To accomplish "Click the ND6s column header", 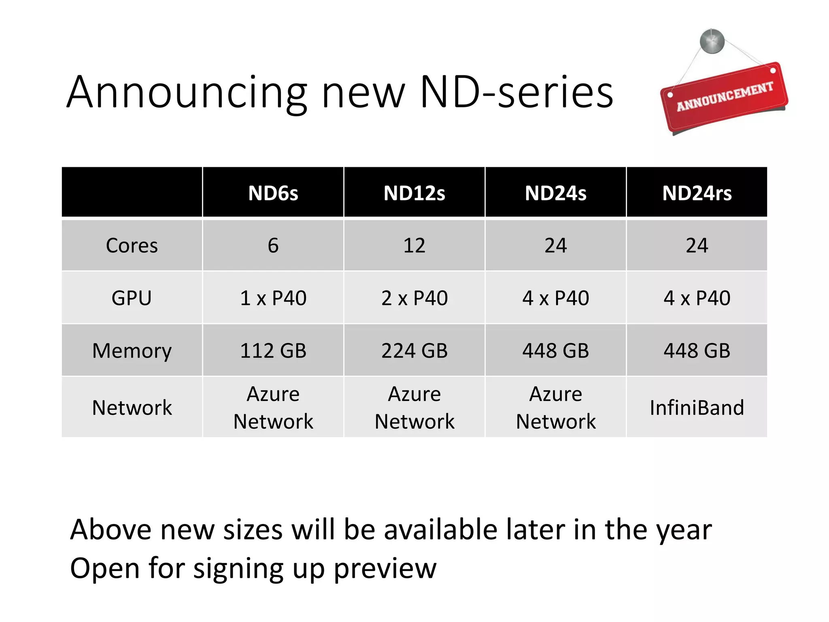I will click(273, 193).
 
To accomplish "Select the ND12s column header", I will click(414, 193).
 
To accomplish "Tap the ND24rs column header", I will click(697, 193).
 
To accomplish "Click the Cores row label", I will click(132, 245).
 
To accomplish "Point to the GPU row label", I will click(132, 298).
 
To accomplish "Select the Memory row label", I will click(132, 351).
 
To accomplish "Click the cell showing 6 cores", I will click(273, 245).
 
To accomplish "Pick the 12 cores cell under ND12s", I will click(414, 245).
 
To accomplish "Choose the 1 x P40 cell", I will click(273, 298).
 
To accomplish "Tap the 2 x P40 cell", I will click(414, 298).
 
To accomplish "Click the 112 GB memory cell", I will click(273, 351).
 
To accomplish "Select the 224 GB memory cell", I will click(414, 351).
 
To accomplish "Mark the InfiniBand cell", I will click(697, 407).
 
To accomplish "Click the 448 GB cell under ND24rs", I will click(697, 351).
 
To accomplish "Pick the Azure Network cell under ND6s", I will click(273, 407).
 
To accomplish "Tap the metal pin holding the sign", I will click(712, 41).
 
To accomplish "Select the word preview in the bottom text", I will click(385, 568).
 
